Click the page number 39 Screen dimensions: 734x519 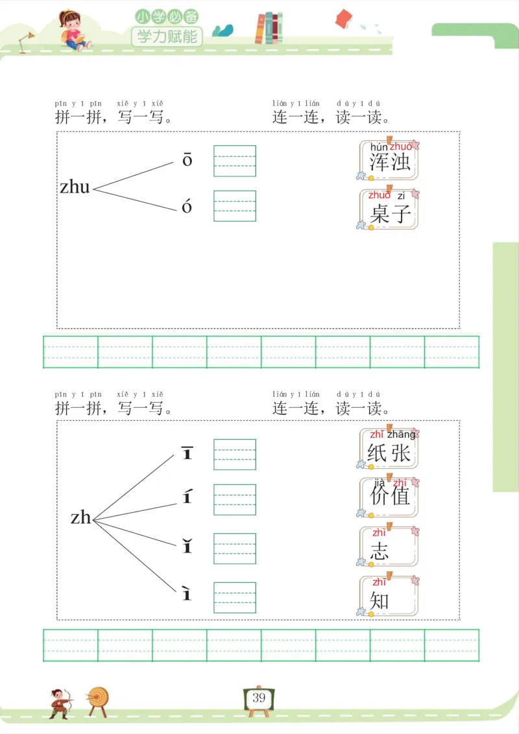click(x=259, y=698)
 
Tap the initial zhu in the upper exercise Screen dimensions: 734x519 click(x=75, y=187)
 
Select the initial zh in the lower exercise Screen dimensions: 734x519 click(x=81, y=517)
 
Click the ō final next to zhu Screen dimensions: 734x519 click(x=187, y=160)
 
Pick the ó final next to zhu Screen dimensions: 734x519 click(x=187, y=206)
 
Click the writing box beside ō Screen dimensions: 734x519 click(x=235, y=161)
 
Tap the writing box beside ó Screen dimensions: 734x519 click(x=235, y=206)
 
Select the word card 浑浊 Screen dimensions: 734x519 click(x=389, y=160)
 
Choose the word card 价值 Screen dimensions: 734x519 click(x=389, y=497)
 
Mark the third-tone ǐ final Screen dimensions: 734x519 click(x=187, y=547)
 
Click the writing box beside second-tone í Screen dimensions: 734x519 click(x=235, y=499)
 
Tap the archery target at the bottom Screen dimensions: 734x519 click(x=98, y=699)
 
